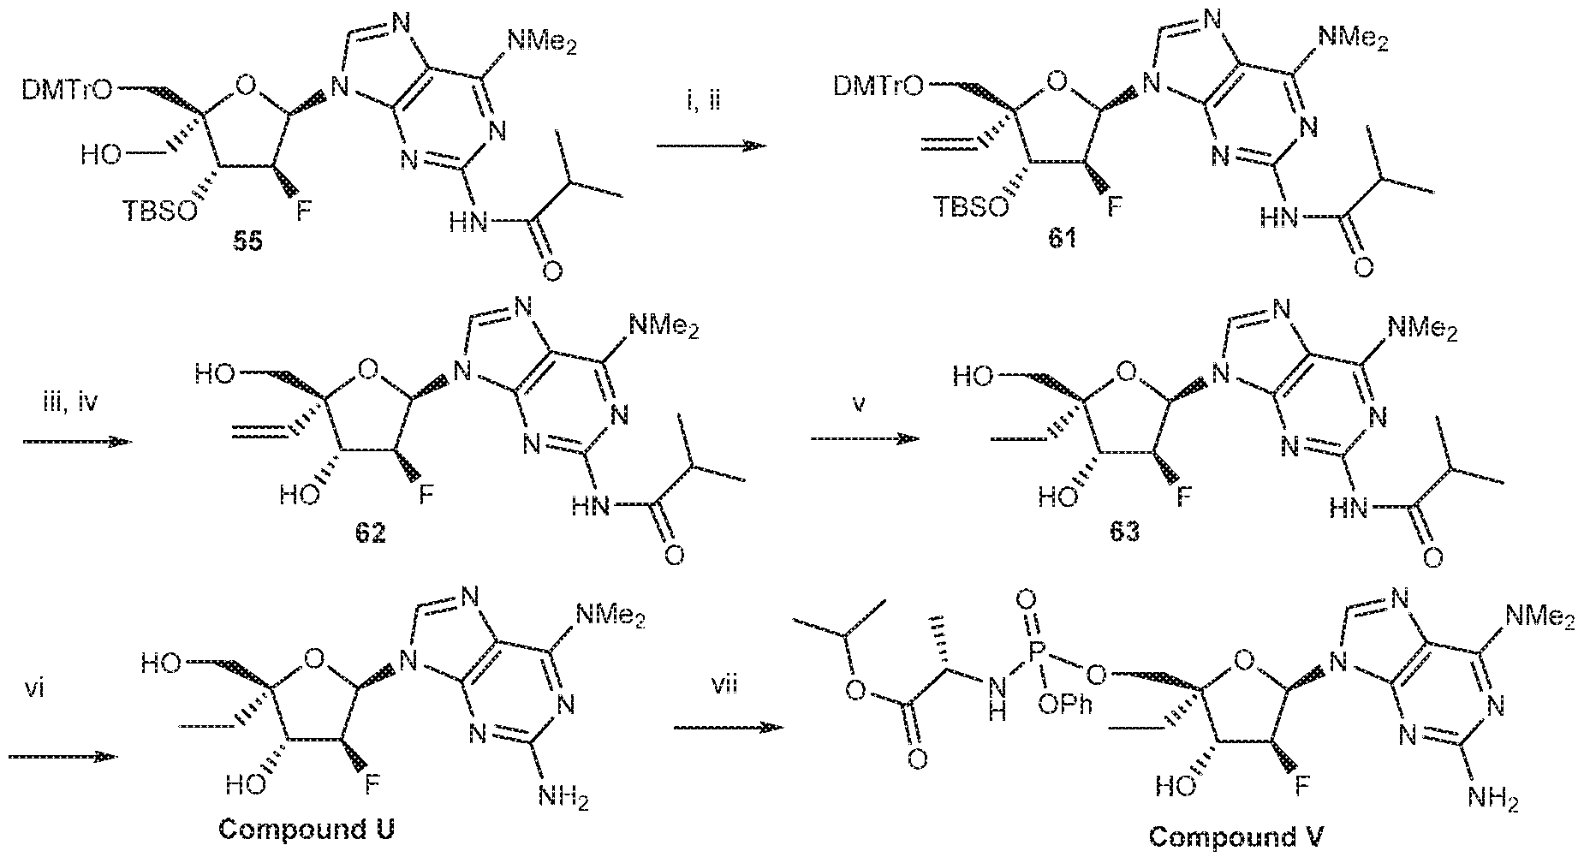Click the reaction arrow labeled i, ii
[710, 146]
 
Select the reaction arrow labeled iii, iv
[75, 442]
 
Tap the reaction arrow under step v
[865, 438]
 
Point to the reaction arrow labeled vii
[728, 728]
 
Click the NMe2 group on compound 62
[662, 326]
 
